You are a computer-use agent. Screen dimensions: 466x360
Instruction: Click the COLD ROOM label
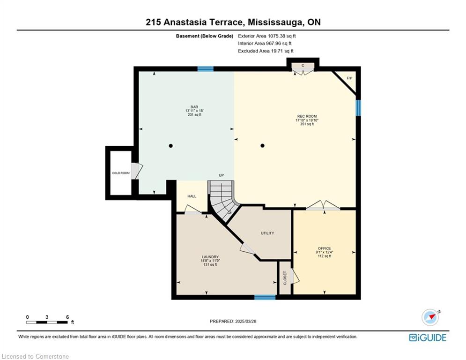pos(121,173)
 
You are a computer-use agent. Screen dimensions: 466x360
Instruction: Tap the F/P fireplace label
pos(349,78)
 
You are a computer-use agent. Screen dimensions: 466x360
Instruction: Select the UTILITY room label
pos(267,233)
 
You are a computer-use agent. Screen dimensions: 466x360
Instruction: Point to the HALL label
pos(192,196)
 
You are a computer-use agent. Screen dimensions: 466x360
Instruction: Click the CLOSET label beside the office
pos(285,278)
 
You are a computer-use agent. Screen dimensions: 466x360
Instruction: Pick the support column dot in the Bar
pos(170,146)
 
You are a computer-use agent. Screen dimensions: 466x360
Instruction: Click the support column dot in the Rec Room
pos(262,145)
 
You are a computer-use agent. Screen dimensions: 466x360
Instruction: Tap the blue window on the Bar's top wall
pos(205,69)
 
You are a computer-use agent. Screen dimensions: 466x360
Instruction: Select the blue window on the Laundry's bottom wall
pos(265,297)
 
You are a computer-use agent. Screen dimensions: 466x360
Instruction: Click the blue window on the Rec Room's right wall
pos(358,108)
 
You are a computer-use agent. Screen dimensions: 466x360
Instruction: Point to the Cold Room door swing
pos(137,171)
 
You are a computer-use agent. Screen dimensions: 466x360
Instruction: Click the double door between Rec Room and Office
pos(323,205)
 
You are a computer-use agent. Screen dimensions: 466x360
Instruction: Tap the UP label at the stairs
pos(222,175)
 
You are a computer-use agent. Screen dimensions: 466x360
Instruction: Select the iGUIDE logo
pos(428,337)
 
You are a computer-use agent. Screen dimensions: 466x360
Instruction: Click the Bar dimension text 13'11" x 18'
pos(194,111)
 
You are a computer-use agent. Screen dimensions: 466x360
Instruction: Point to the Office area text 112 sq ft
pos(324,256)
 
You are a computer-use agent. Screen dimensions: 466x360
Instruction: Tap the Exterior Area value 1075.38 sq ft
pos(282,36)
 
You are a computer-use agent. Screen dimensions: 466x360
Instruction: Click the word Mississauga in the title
pos(275,22)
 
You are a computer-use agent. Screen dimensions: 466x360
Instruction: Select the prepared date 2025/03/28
pos(245,321)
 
